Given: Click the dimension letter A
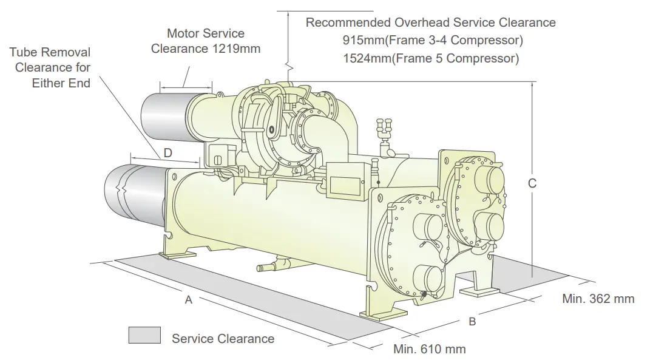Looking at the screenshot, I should tap(188, 300).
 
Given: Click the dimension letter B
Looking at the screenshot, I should tap(472, 322).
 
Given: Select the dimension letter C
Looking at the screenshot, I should tap(532, 183).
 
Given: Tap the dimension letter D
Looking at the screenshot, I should tap(167, 152).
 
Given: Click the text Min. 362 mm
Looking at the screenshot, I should tap(598, 299).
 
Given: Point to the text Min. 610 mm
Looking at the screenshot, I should tap(429, 349).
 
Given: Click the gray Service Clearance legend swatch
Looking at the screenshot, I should tap(144, 335).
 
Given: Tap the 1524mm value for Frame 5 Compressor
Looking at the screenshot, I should tap(363, 59).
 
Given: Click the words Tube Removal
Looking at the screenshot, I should tap(50, 53).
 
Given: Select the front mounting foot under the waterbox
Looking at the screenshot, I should tap(376, 310).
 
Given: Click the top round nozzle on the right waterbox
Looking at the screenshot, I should tap(489, 180).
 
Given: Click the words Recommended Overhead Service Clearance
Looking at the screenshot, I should tap(430, 22).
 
